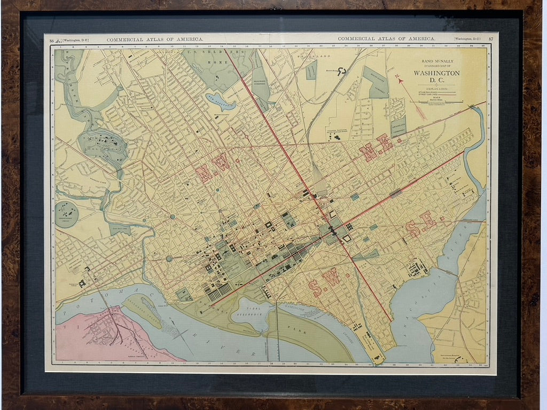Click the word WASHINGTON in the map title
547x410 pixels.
[x=436, y=73]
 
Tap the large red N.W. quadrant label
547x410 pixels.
[x=213, y=169]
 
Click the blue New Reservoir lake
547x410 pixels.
[x=220, y=100]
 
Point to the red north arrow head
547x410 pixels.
[x=398, y=78]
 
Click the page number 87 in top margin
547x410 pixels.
[x=491, y=39]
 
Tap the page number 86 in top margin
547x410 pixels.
[x=52, y=40]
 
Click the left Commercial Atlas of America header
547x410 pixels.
[x=155, y=40]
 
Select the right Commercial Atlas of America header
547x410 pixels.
[x=386, y=39]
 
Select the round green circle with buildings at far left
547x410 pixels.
[x=67, y=213]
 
